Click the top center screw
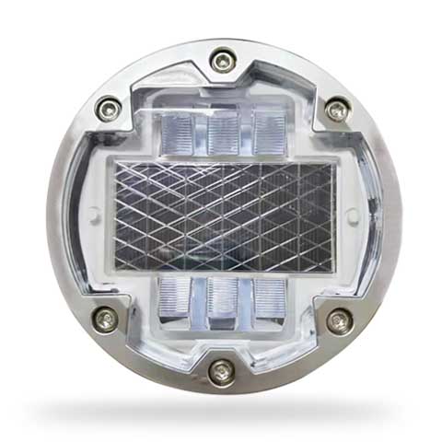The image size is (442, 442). pyautogui.click(x=222, y=62)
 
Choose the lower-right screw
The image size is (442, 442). pyautogui.click(x=337, y=320)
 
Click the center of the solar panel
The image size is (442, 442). pyautogui.click(x=221, y=216)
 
